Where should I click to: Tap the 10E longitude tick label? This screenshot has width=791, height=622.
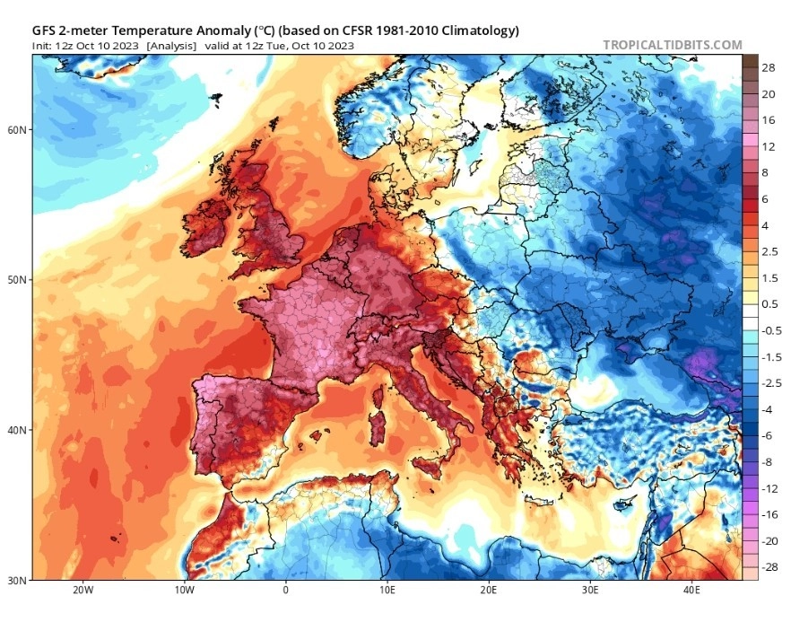[387, 591]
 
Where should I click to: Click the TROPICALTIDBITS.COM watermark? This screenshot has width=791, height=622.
[672, 45]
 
